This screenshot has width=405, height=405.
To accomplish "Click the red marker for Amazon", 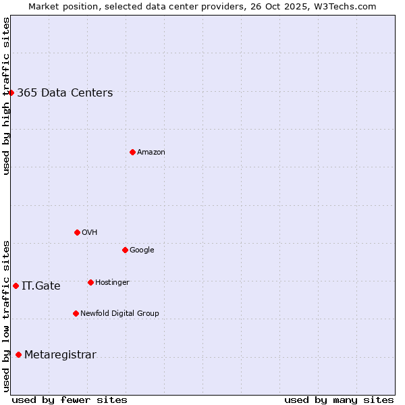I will [132, 152].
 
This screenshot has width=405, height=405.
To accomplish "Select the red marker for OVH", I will [77, 232].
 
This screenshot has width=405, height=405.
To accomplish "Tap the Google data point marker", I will [125, 250].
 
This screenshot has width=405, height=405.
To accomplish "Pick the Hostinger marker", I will [90, 282].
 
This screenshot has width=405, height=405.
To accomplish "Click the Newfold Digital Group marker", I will [76, 313].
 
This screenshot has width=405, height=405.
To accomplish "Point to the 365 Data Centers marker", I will [11, 92].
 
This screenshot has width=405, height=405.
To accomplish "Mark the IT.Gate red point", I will [16, 286].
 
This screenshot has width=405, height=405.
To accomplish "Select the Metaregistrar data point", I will [18, 354].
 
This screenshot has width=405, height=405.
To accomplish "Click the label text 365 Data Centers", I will [65, 93].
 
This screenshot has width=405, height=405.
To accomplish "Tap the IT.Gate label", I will [41, 286].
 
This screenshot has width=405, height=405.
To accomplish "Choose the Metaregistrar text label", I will [60, 355].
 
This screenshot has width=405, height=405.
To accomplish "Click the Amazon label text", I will [151, 153].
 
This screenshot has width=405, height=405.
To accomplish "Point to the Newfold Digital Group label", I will [119, 313].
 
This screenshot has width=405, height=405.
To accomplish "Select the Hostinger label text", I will [112, 282].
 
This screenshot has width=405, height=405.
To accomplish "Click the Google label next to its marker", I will [142, 250].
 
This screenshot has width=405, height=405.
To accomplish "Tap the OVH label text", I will [90, 232].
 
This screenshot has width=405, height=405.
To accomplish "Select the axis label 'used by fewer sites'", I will [70, 400].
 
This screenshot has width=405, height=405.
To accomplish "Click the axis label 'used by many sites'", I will [339, 400].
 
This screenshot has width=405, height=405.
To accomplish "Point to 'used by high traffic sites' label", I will [6, 96].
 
